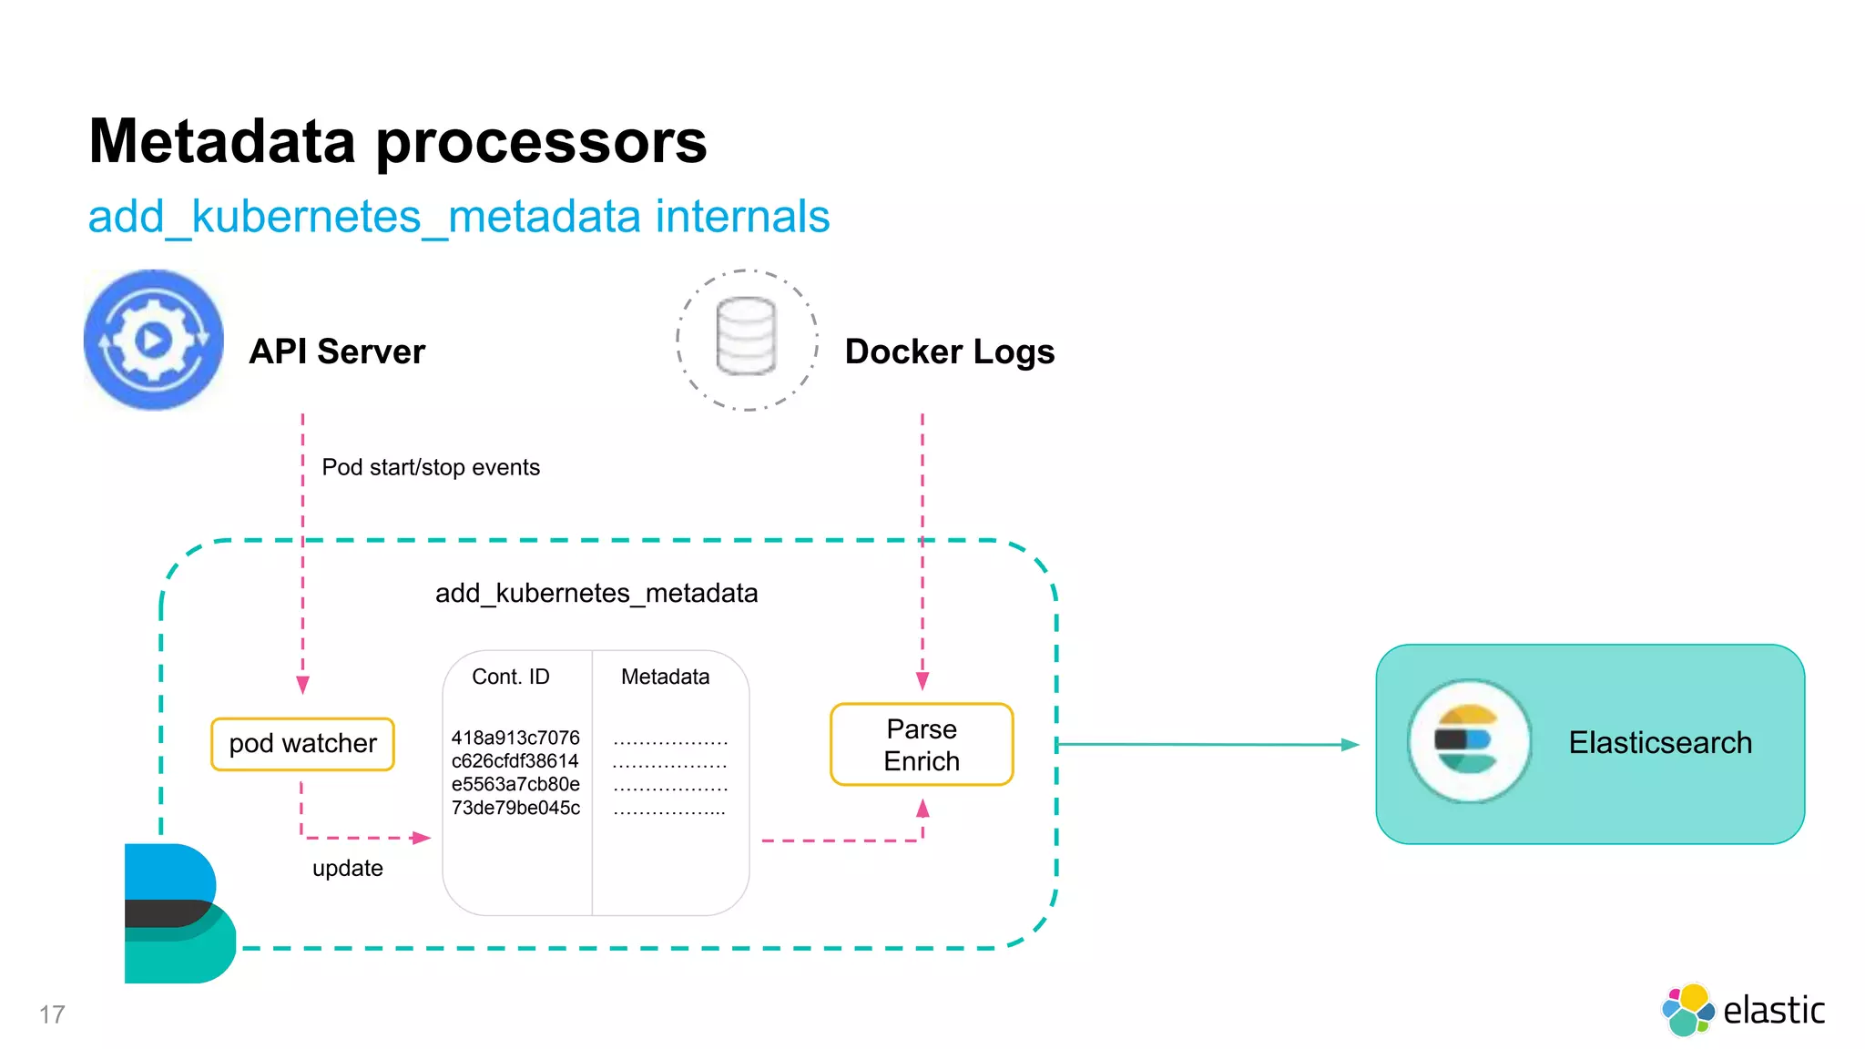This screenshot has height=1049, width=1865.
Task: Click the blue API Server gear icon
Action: pos(153,340)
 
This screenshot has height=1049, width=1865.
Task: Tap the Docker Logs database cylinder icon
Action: pos(746,337)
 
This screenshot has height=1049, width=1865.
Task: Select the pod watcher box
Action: pos(302,744)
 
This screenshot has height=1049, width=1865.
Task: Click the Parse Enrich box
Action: pos(922,745)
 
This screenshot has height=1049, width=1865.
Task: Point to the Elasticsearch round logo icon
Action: pos(1468,741)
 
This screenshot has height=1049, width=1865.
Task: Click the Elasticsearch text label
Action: pos(1659,743)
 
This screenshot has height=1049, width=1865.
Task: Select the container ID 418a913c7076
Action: pos(515,738)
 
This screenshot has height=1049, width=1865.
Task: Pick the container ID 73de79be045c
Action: pos(515,808)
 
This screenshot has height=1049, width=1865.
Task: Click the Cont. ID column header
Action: pos(511,677)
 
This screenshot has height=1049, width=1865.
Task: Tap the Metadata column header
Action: pos(665,677)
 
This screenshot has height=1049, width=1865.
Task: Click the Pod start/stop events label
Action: pos(431,467)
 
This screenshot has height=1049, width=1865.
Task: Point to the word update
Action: pos(347,869)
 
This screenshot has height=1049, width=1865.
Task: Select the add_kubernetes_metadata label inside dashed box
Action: pos(596,594)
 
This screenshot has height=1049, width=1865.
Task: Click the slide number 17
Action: pos(52,1014)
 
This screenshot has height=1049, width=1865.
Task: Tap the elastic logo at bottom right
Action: pos(1743,1010)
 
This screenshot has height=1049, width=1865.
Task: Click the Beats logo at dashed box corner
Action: pos(178,913)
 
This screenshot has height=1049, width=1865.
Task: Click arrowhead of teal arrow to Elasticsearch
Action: pos(1350,745)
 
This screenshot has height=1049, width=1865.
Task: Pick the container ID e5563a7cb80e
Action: pos(515,784)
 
